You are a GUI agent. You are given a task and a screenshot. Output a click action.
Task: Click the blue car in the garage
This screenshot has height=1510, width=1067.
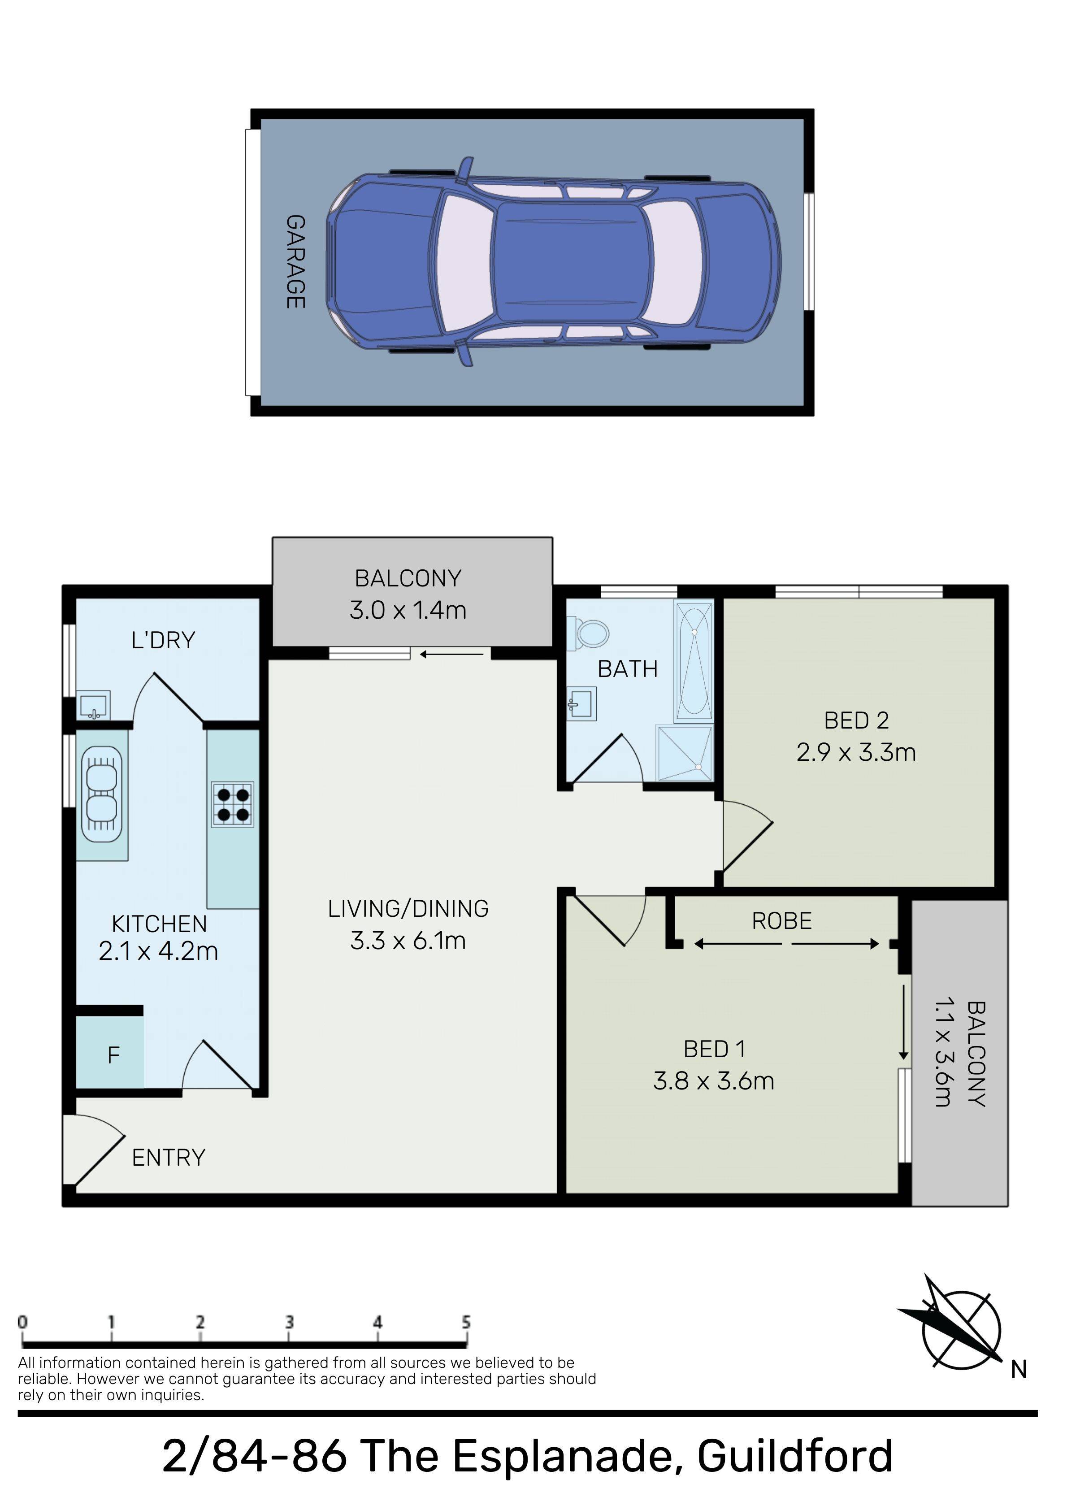click(554, 262)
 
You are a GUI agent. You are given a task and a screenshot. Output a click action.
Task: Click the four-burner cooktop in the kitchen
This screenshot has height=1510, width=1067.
click(233, 804)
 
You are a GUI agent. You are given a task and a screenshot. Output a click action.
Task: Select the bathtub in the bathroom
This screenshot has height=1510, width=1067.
click(694, 661)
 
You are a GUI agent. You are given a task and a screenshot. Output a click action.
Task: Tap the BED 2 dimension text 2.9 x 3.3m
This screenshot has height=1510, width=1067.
click(856, 752)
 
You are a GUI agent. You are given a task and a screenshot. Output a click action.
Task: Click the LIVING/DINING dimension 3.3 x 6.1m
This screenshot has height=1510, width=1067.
click(408, 941)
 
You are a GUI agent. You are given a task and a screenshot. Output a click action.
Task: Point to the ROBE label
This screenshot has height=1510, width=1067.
click(781, 921)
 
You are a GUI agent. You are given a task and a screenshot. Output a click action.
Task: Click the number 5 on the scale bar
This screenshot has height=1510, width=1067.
click(466, 1321)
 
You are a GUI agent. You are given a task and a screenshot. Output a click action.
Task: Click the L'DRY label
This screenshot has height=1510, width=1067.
click(163, 640)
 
